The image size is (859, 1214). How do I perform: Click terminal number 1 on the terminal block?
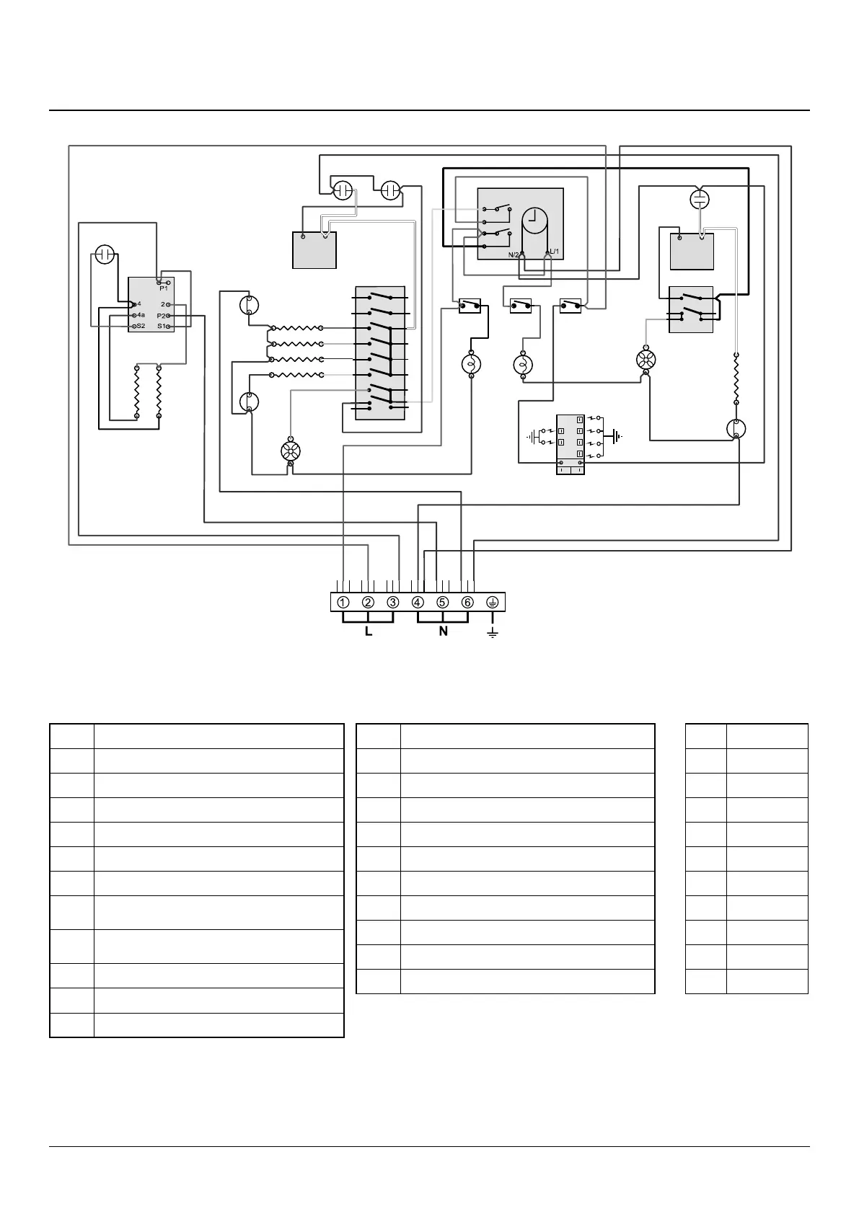343,603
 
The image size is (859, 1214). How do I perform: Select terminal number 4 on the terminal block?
418,603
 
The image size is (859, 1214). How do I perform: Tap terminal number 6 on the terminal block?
467,603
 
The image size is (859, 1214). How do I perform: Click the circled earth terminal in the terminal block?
493,603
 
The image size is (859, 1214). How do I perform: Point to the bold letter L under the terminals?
369,632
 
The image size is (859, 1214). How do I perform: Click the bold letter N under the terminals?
444,632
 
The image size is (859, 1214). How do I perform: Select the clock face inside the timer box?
534,221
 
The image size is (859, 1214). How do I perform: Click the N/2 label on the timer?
514,254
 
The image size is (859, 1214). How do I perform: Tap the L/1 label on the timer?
554,251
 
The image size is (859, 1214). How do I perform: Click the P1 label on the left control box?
164,288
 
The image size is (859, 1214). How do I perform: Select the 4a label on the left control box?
141,315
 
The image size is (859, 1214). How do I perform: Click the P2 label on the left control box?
162,316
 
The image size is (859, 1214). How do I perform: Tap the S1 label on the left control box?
162,327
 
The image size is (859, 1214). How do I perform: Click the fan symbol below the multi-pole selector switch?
290,452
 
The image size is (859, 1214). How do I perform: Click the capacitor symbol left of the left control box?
105,254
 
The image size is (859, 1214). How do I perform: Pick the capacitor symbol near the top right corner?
700,198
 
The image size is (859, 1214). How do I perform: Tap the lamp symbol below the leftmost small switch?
470,364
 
